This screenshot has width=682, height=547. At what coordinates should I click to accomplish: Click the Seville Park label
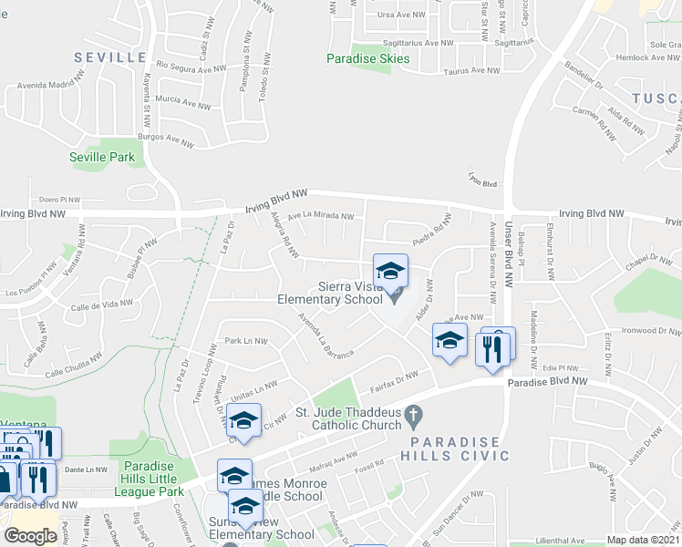coord(102,157)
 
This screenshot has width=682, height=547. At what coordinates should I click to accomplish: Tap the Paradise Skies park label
coord(368,59)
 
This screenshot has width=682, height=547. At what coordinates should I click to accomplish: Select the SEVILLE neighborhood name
coord(110,57)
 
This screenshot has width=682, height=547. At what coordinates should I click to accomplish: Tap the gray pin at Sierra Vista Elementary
coord(394,296)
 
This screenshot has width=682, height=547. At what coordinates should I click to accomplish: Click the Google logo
coord(30,536)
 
